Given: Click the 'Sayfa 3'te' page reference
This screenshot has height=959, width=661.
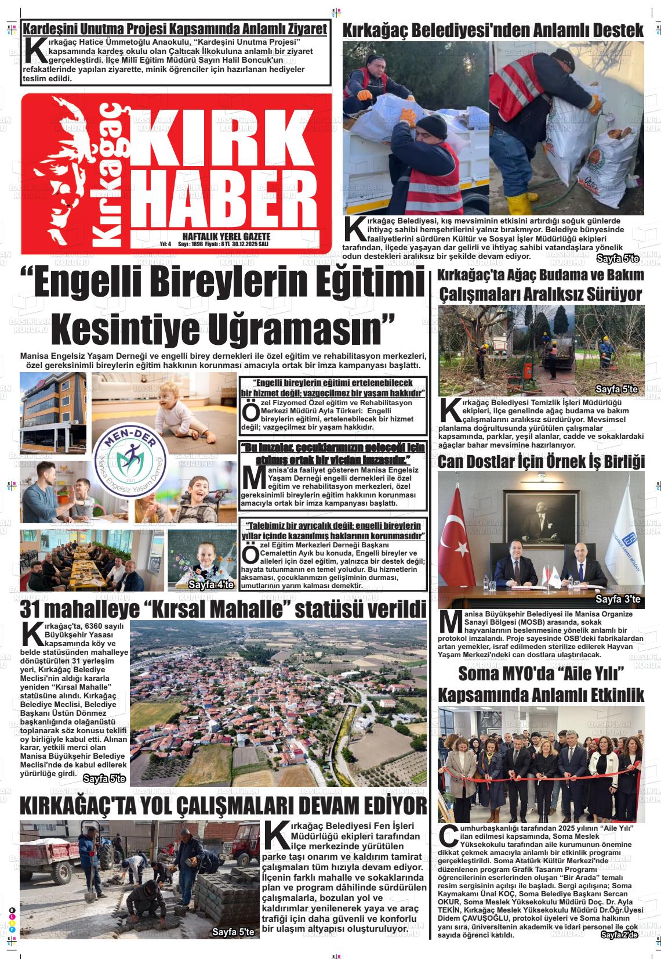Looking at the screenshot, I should coord(618,599).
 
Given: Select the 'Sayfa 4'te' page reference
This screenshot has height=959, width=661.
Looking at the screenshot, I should coord(210,585).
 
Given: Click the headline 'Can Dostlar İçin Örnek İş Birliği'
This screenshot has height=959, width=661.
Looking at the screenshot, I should coord(541,462).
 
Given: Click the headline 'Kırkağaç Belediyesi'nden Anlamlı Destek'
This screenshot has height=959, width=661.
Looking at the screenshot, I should coord(493,30).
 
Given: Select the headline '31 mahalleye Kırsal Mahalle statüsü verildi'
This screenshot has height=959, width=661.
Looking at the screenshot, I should coord(223,610).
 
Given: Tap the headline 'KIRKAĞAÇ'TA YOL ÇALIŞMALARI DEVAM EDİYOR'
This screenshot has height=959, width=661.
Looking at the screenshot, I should coord(223,806).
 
